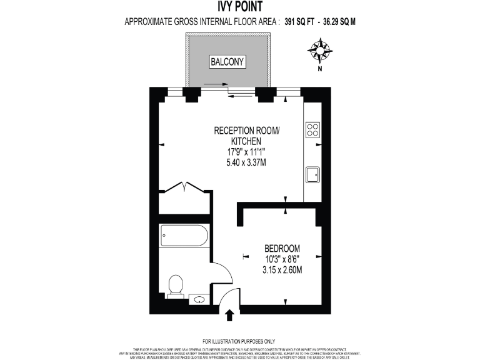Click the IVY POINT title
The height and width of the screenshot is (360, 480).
[240, 7]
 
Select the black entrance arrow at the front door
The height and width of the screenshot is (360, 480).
[229, 314]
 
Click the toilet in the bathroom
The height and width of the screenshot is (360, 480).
[176, 286]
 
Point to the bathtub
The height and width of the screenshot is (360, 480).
[184, 236]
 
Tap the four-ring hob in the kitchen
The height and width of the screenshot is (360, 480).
[312, 130]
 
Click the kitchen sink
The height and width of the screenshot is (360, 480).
[312, 174]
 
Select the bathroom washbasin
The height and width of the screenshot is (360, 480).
[199, 300]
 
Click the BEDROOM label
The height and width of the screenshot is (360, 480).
[282, 247]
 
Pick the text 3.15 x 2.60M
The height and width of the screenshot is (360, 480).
[282, 270]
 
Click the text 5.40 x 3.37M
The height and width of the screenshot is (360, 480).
[247, 162]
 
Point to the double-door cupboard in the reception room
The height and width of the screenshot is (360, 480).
[186, 190]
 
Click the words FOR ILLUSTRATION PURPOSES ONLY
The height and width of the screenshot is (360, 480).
[239, 341]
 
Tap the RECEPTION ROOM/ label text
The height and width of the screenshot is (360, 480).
[247, 131]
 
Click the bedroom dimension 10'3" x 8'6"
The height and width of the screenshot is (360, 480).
[282, 259]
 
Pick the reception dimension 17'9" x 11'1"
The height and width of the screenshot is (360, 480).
[247, 152]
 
